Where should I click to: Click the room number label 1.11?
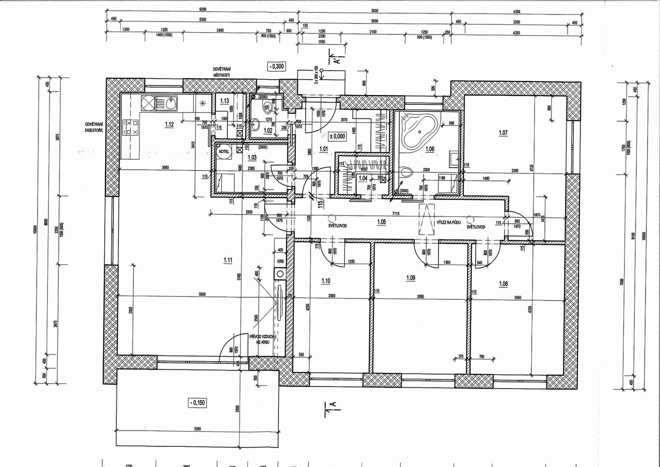tap(228, 260)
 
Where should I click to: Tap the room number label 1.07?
tap(503, 133)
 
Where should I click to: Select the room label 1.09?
tap(410, 278)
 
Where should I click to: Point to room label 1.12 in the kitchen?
tap(169, 124)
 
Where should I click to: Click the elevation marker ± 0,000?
tap(337, 135)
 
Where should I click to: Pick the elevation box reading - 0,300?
tap(276, 66)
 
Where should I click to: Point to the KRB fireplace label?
tap(280, 261)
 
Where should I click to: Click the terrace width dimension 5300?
tap(197, 429)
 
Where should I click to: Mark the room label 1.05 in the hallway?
tap(382, 222)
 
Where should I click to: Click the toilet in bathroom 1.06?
tap(406, 173)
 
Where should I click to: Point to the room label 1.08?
tap(503, 284)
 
